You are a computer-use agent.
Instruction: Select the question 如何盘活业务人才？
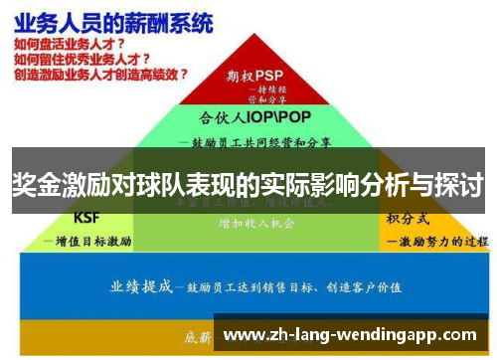click(x=71, y=45)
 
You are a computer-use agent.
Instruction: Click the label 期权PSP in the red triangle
click(x=254, y=75)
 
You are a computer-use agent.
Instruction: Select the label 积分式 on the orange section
click(x=408, y=218)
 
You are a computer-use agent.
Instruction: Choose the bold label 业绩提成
click(x=141, y=287)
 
